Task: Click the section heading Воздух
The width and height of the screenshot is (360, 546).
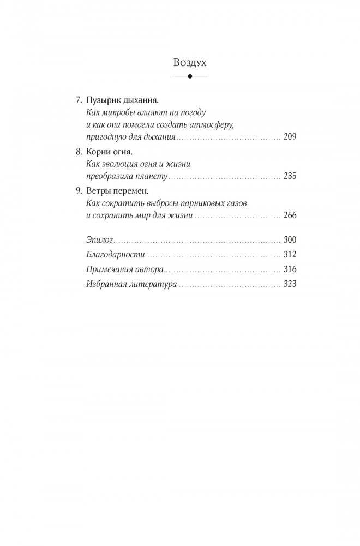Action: click(x=189, y=62)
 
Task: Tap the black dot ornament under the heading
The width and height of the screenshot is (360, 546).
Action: click(x=189, y=77)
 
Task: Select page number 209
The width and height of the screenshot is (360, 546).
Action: click(x=290, y=136)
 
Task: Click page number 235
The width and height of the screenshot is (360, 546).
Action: click(x=290, y=177)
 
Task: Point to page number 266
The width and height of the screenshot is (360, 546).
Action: click(x=290, y=216)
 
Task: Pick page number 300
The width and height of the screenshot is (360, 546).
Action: click(x=290, y=241)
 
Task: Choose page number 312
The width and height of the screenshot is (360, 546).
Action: click(x=290, y=255)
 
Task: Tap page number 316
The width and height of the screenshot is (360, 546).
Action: click(x=290, y=269)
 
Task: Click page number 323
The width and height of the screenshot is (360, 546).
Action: click(x=290, y=284)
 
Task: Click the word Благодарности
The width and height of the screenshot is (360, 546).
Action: click(x=116, y=255)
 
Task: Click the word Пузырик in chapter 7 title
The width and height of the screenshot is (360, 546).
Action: click(x=103, y=101)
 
